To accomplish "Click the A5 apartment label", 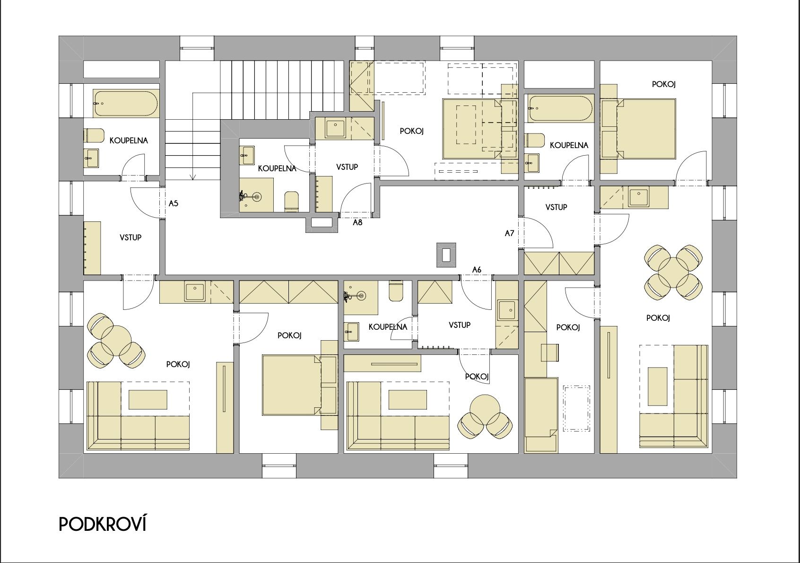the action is (x=173, y=203).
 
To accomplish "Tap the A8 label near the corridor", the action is (x=357, y=222).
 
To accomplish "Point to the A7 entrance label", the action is (x=509, y=233).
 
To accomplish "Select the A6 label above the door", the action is (x=477, y=270).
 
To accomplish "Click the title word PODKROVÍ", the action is (x=103, y=524).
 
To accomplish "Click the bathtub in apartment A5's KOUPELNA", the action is (x=126, y=104).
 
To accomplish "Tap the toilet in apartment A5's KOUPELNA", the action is (x=94, y=136).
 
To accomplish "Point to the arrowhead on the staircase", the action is (x=193, y=176).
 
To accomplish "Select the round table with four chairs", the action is (x=673, y=271).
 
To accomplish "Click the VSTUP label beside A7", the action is (x=556, y=207).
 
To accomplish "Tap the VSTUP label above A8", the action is (x=347, y=167).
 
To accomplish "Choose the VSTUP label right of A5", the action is (x=130, y=238).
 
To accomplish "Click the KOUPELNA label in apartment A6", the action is (x=388, y=327).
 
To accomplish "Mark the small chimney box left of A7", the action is (x=446, y=255).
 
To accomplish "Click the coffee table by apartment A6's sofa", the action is (x=408, y=400).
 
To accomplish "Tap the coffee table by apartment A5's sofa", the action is (x=148, y=400).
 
